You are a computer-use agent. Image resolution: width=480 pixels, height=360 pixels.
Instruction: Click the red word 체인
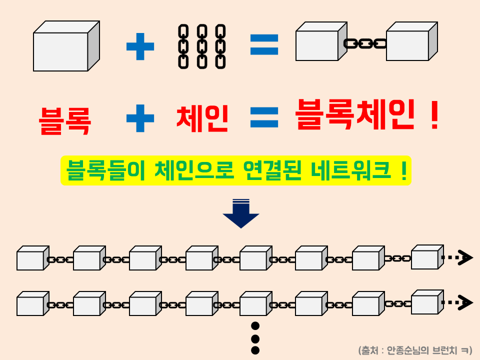point(202,119)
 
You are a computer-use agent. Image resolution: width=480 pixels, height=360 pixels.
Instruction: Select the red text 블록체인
point(354,115)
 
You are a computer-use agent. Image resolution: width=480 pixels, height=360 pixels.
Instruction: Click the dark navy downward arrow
point(241,213)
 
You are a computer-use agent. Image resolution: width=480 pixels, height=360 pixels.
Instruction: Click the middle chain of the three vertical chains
point(202,46)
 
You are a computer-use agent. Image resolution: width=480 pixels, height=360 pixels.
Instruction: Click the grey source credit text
point(415,350)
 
